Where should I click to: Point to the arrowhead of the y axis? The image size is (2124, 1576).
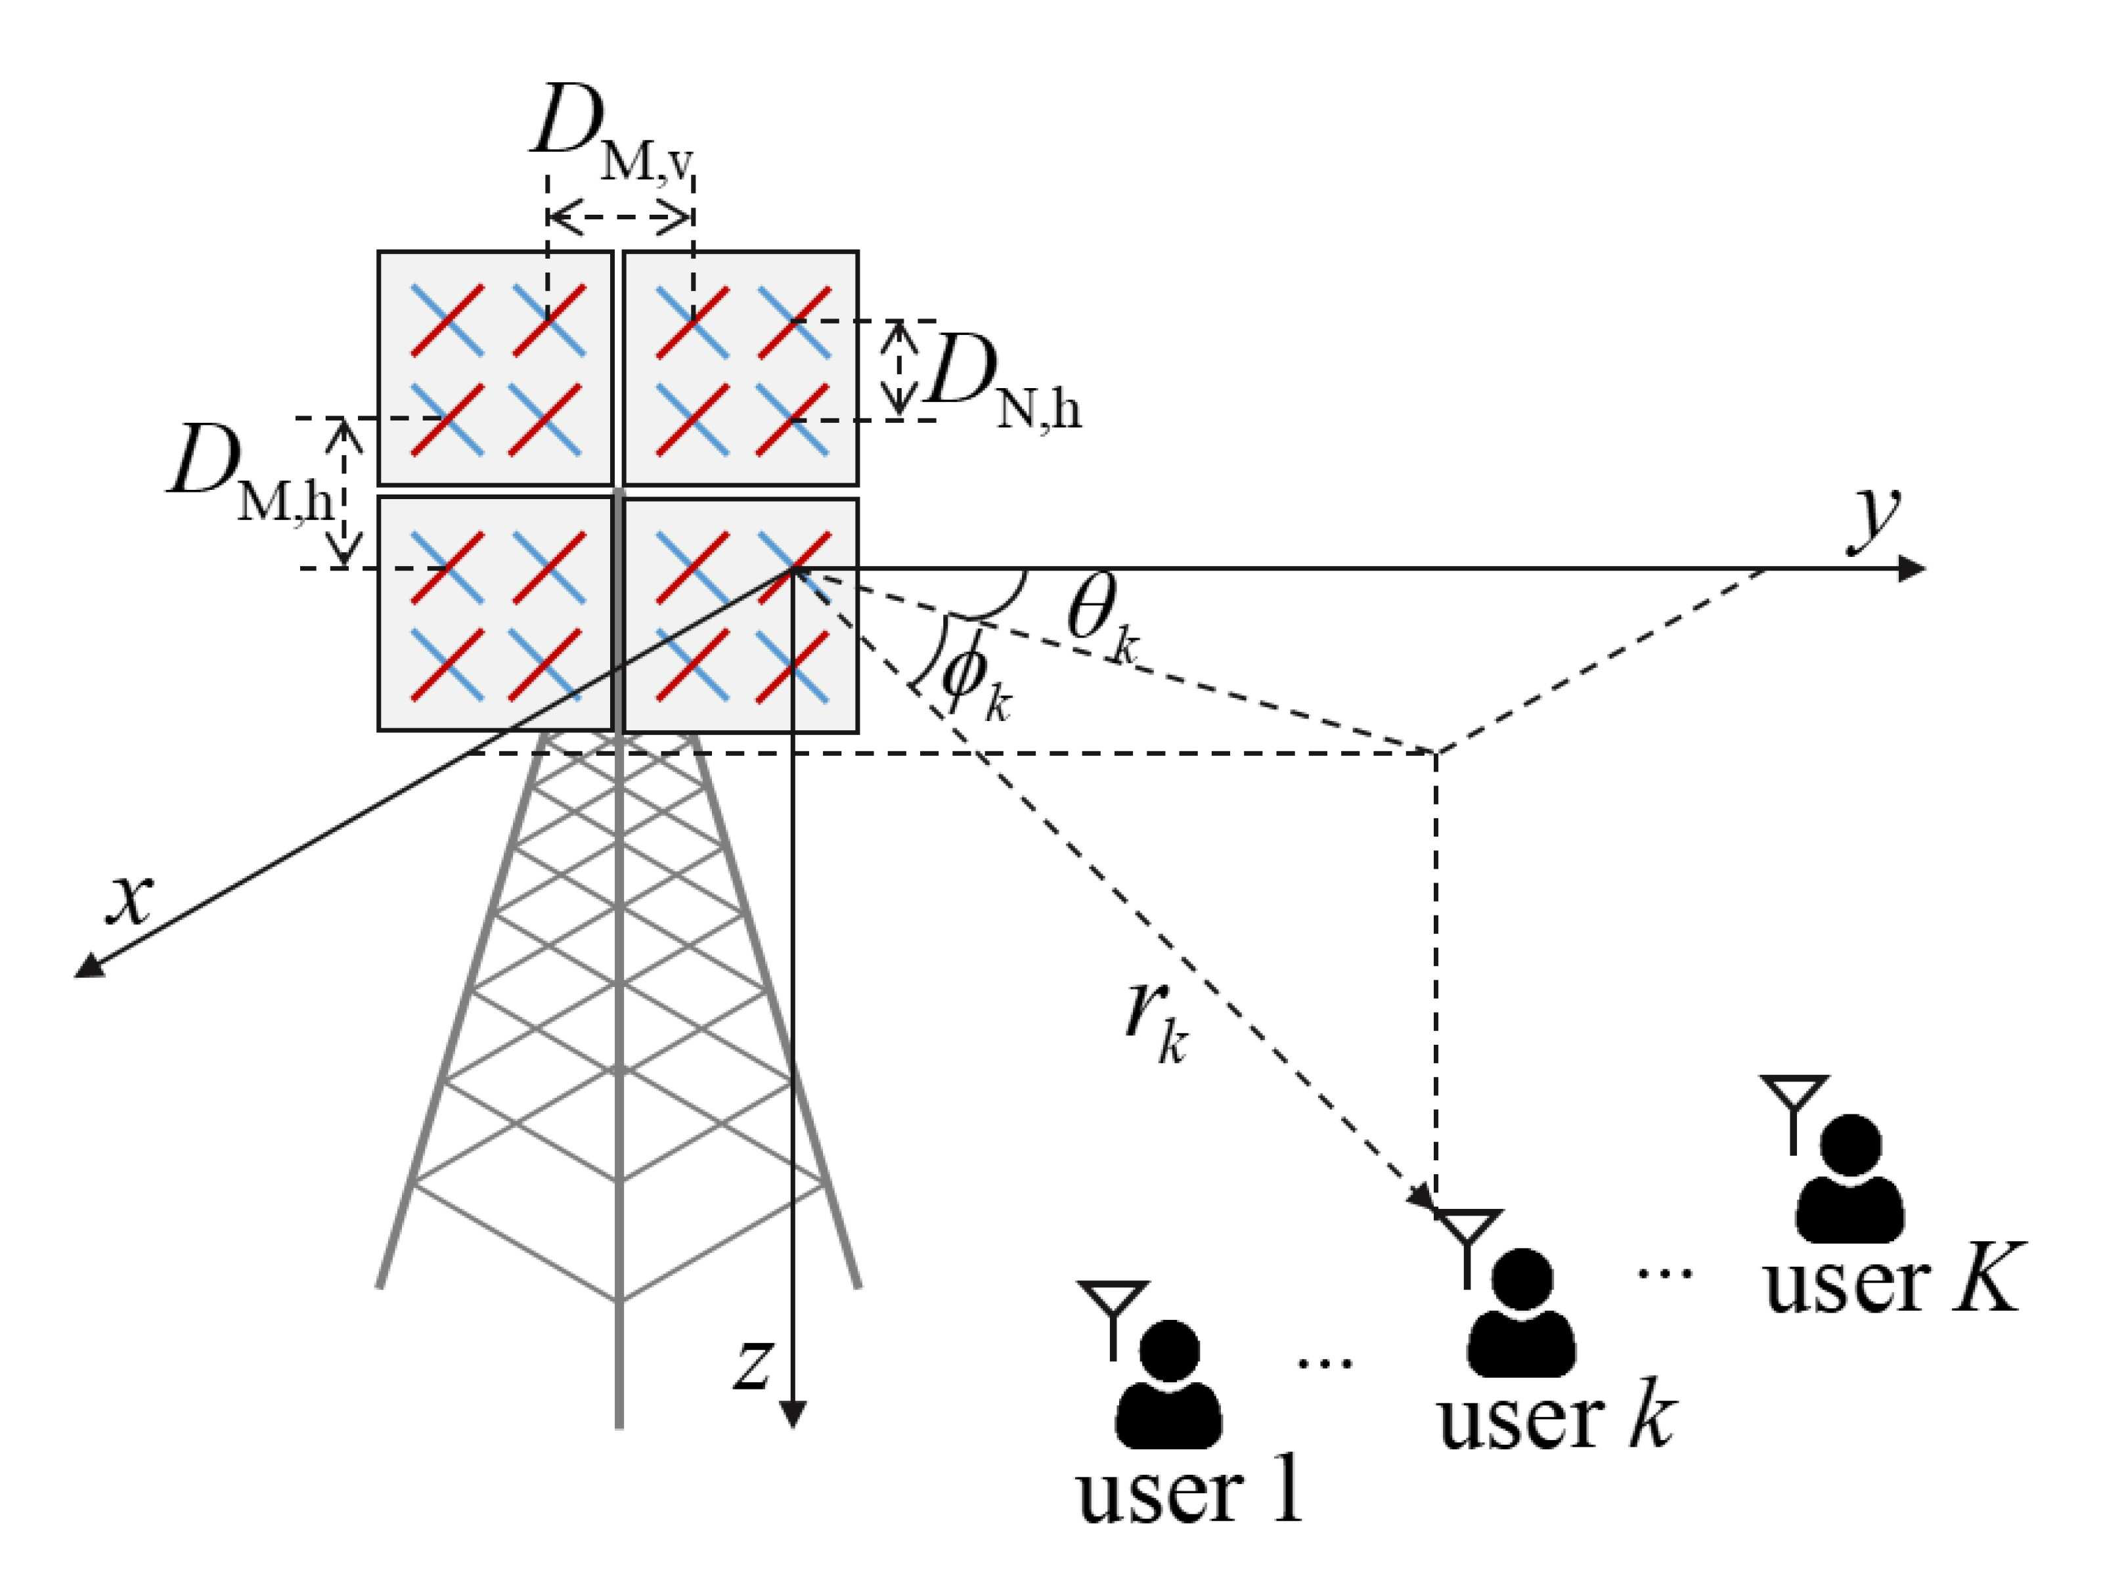click(1911, 569)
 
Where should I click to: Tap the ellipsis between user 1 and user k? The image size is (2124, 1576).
click(1325, 1364)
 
